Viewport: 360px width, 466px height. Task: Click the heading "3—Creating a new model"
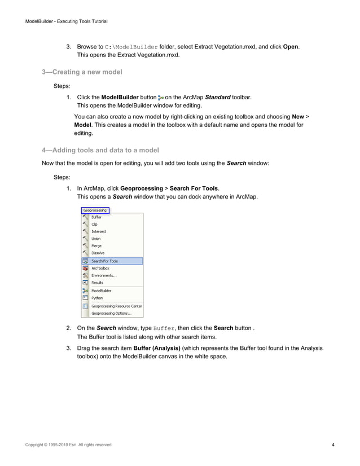tap(82, 72)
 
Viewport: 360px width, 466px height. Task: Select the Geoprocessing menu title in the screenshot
tap(95, 210)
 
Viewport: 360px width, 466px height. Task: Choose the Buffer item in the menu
tap(96, 217)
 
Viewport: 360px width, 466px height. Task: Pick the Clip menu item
tap(95, 225)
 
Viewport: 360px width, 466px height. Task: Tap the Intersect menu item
tap(99, 232)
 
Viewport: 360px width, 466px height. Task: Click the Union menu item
tap(96, 239)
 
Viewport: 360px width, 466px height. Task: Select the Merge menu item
tap(97, 247)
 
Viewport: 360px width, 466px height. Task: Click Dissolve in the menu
tap(98, 254)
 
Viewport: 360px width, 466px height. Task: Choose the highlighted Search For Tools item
tap(105, 261)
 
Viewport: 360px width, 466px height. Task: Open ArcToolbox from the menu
tap(100, 269)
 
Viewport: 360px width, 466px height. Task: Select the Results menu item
tap(98, 283)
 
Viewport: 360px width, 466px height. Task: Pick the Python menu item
tap(97, 298)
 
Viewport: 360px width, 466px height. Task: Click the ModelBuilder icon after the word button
tap(161, 98)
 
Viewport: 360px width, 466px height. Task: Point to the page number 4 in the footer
tap(334, 446)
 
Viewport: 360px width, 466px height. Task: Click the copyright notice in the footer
tap(69, 446)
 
